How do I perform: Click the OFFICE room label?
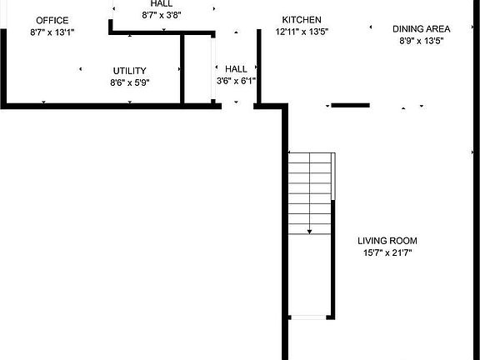52,21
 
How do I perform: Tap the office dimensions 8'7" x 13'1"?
52,32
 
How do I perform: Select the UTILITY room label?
129,71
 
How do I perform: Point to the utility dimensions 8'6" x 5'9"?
129,82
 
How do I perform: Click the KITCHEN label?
302,20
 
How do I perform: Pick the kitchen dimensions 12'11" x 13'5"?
302,32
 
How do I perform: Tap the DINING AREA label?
421,28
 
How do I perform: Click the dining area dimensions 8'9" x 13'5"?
421,40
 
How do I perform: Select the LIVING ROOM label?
387,241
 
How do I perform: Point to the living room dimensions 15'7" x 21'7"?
387,252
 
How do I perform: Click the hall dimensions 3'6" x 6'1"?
236,81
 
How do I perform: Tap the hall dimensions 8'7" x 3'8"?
162,14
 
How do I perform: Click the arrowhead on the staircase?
310,229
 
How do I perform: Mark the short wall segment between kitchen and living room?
350,105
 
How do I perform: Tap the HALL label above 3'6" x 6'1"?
236,69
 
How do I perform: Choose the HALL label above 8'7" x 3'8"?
162,3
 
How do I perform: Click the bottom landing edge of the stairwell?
310,317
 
